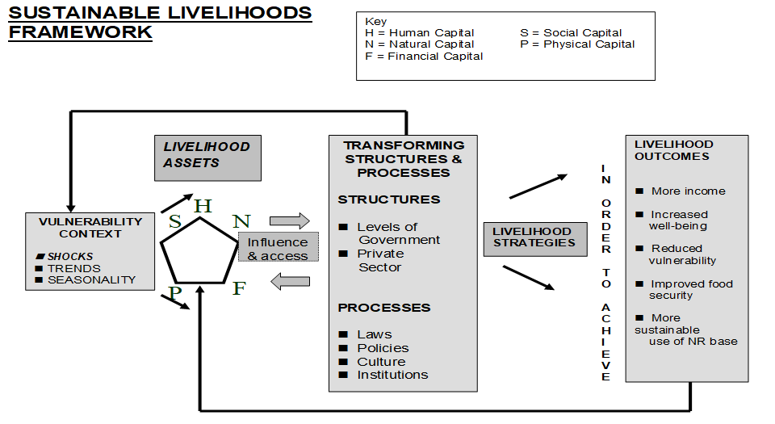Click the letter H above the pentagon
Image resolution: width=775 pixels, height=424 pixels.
pyautogui.click(x=203, y=206)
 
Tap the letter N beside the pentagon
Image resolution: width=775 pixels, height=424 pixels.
pyautogui.click(x=242, y=221)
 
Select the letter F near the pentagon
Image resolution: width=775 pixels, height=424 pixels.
pyautogui.click(x=239, y=288)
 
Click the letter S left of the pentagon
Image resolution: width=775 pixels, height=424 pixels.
pyautogui.click(x=175, y=221)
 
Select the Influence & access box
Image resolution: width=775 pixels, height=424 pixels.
pyautogui.click(x=278, y=249)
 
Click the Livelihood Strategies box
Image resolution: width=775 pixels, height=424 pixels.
pyautogui.click(x=534, y=237)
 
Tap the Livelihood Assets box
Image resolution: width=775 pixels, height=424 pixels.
pyautogui.click(x=207, y=154)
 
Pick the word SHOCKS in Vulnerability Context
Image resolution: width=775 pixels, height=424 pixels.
pyautogui.click(x=70, y=257)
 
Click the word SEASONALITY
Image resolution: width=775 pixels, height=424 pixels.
pyautogui.click(x=91, y=280)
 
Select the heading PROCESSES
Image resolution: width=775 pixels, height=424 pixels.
pyautogui.click(x=384, y=308)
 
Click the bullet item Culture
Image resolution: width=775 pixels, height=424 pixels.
pyautogui.click(x=381, y=361)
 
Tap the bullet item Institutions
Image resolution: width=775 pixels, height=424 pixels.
pyautogui.click(x=392, y=375)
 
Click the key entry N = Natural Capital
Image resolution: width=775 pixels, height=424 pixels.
pyautogui.click(x=420, y=44)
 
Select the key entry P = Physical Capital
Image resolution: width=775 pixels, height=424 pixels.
pyautogui.click(x=577, y=44)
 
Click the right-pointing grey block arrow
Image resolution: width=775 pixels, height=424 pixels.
pyautogui.click(x=289, y=220)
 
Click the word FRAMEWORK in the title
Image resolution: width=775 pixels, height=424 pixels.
pyautogui.click(x=80, y=32)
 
